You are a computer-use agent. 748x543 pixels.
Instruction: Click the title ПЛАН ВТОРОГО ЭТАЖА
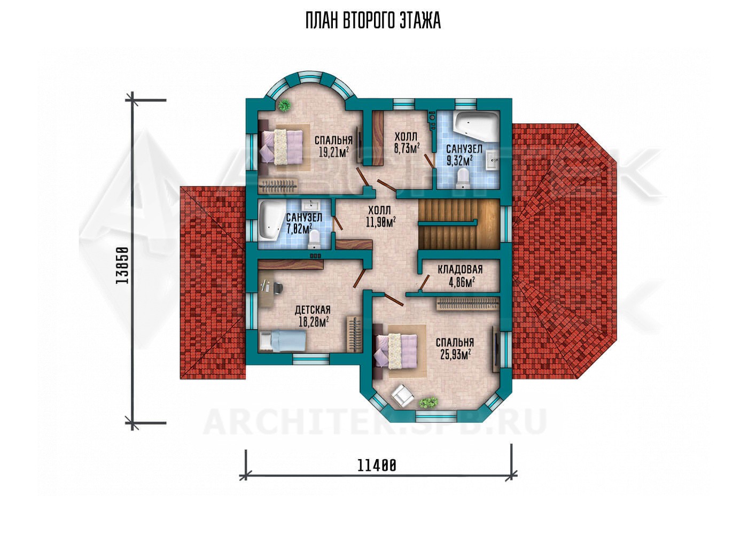click(373, 21)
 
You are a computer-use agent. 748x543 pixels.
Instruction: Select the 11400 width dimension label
click(377, 466)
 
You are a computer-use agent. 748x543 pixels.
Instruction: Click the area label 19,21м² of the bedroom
click(334, 152)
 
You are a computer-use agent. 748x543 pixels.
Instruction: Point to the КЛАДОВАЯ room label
click(460, 269)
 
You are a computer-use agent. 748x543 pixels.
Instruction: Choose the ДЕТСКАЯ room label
click(313, 310)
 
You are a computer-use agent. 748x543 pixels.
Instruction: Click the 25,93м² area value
click(455, 354)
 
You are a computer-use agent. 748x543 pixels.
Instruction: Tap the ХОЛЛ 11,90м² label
click(380, 216)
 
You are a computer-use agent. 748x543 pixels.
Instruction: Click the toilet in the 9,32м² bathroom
click(463, 177)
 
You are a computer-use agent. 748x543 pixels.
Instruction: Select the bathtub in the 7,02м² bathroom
click(270, 220)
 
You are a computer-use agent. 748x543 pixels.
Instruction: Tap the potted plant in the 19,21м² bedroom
click(284, 105)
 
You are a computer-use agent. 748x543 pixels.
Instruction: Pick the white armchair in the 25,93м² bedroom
click(402, 395)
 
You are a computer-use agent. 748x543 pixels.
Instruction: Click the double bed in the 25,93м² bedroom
click(396, 351)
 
